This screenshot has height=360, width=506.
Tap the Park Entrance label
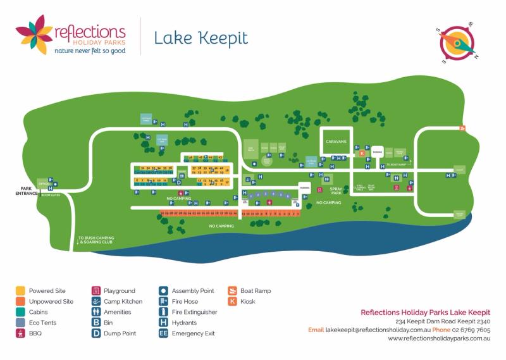26,191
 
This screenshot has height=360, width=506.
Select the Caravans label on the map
336,142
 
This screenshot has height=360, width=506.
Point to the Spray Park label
336,191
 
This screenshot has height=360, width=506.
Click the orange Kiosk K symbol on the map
362,153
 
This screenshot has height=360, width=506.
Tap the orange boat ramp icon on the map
462,128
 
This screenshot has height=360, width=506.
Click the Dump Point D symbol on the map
179,183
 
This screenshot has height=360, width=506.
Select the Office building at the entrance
44,184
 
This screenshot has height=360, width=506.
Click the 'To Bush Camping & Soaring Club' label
96,240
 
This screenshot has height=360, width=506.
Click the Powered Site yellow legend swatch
20,291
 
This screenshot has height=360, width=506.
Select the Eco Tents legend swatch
20,323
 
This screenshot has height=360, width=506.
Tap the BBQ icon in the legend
20,333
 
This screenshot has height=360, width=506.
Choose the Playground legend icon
96,291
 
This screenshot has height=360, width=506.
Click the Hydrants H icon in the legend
163,323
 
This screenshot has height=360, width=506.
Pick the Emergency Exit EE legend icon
163,333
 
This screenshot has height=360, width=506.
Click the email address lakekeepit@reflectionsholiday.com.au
378,330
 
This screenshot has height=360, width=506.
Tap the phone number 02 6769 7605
471,330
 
